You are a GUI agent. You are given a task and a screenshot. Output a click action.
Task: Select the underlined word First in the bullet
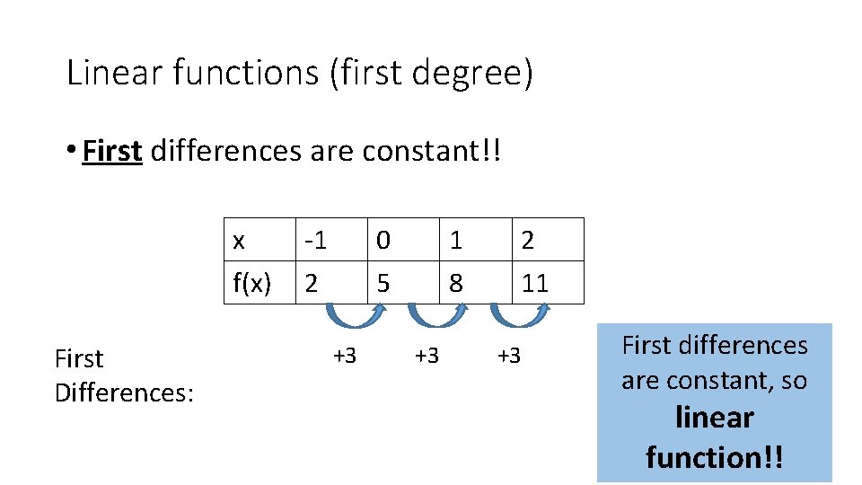point(112,151)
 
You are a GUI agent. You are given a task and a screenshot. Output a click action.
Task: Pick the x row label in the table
point(239,241)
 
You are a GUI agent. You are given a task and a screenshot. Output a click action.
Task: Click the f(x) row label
point(252,284)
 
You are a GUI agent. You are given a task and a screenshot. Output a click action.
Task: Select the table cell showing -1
point(315,241)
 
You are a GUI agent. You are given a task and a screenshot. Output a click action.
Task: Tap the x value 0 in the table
point(383,241)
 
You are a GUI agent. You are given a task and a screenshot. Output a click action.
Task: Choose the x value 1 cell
point(456,241)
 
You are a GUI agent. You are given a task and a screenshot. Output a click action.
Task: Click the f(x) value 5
point(383,284)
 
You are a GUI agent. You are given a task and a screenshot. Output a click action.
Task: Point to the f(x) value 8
point(456,284)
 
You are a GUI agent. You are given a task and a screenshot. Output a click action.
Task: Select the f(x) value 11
point(535,284)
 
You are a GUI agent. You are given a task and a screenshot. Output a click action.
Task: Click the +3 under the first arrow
point(345,356)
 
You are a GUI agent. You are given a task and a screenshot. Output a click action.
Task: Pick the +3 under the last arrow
point(509,356)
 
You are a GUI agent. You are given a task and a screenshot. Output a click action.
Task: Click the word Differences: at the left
point(124,392)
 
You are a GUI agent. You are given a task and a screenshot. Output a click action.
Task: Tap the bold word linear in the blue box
point(714,418)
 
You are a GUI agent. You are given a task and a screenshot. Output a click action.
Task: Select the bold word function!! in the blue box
point(714,457)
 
